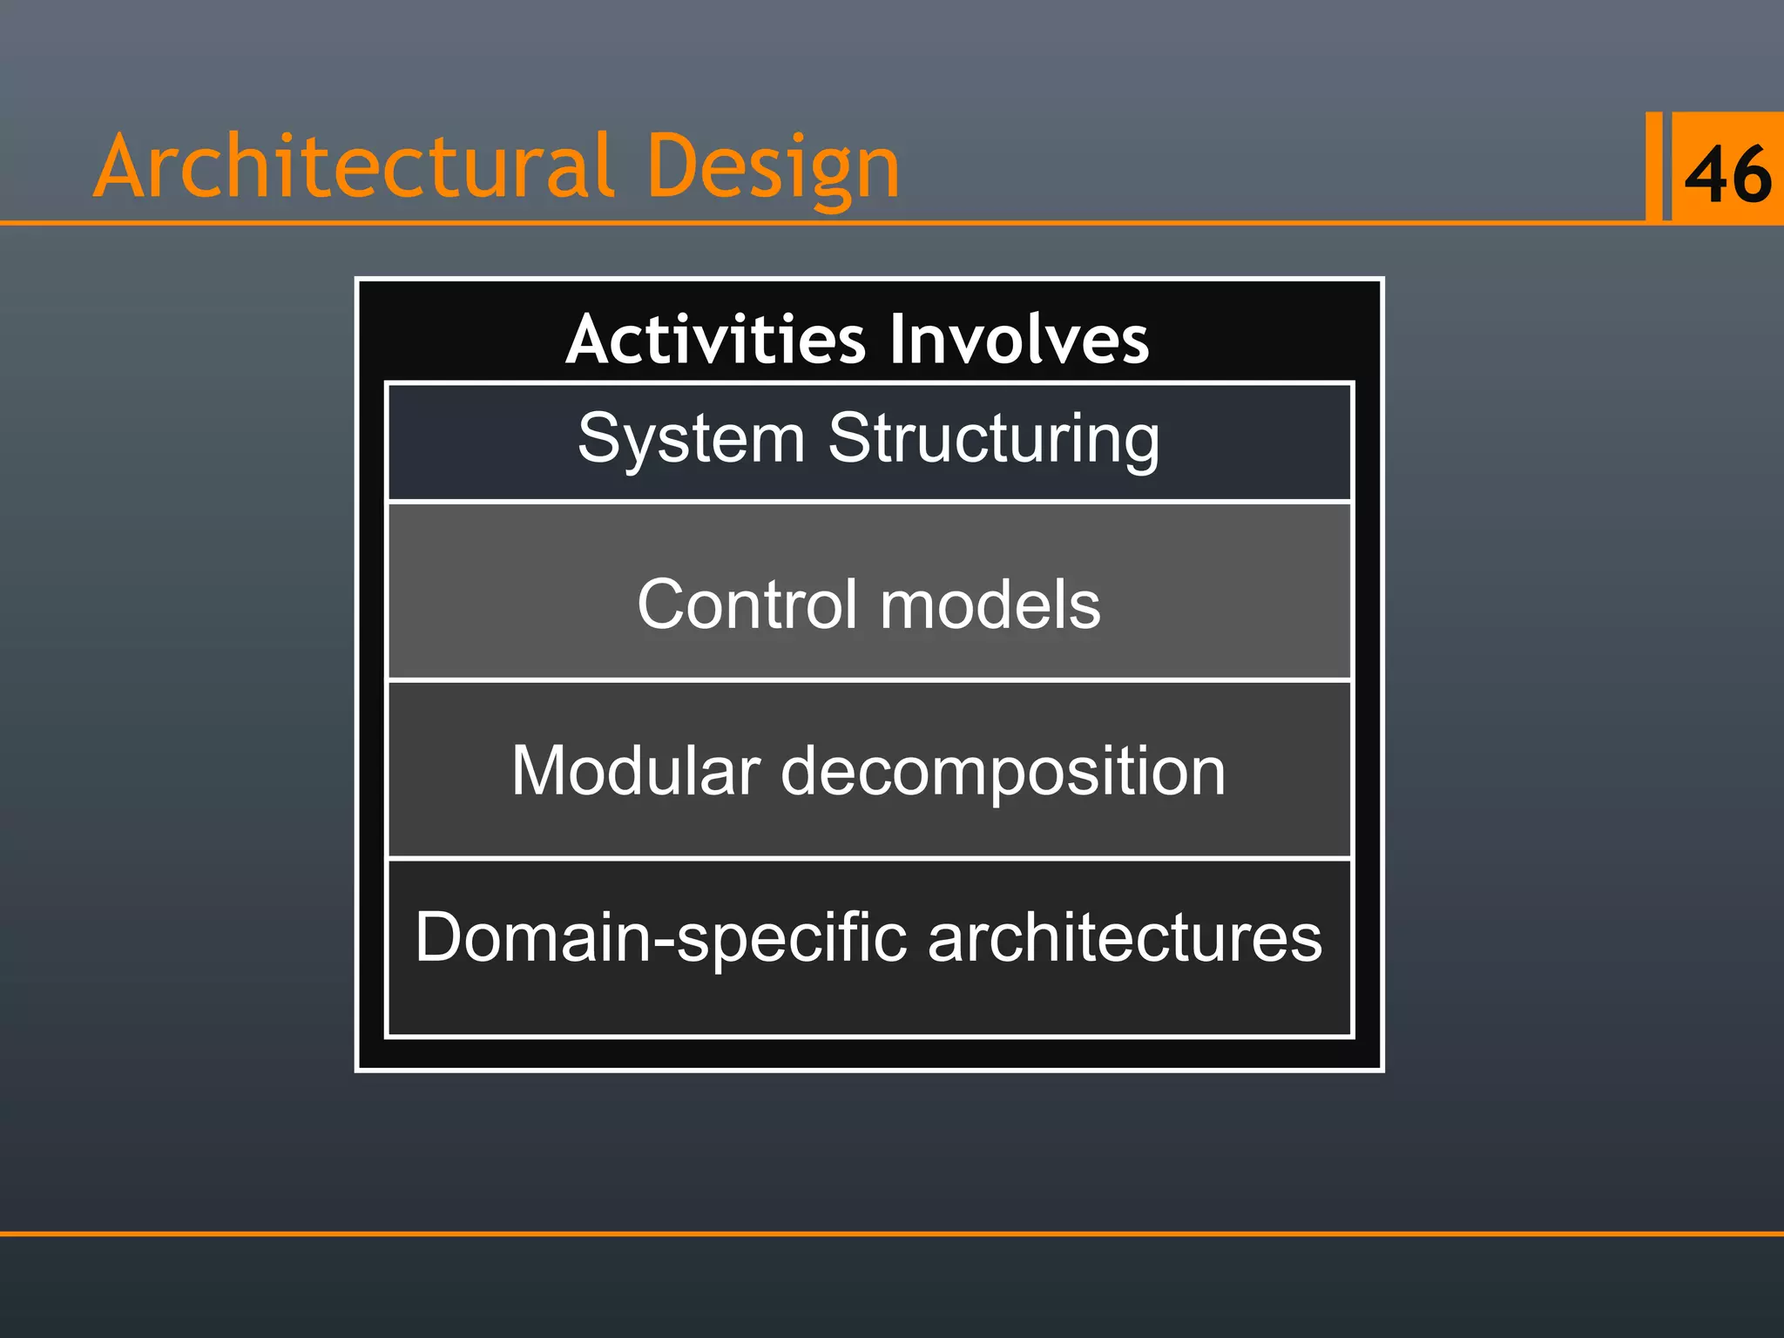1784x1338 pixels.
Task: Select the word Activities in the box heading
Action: [715, 339]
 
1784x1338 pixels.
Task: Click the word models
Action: [990, 605]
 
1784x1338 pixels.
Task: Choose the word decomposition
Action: [1003, 773]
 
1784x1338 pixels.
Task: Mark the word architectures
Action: [1125, 938]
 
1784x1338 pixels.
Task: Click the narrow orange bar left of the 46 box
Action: [1653, 166]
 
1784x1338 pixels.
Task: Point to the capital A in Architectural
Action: [122, 167]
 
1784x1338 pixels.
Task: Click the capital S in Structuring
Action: [848, 437]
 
